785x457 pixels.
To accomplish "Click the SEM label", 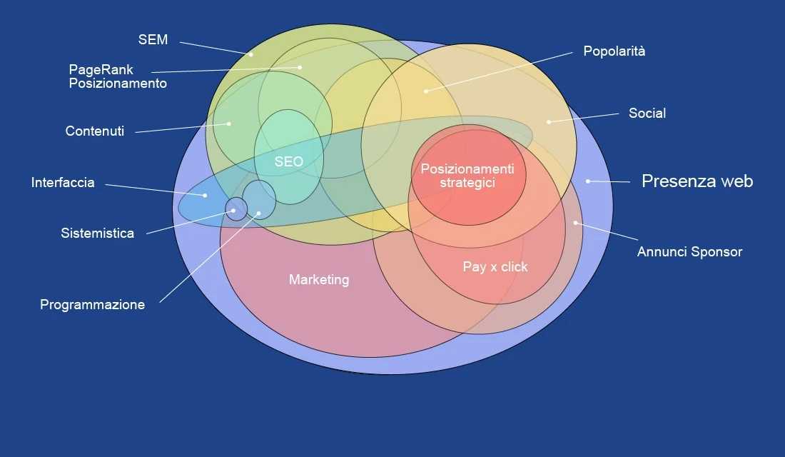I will click(x=153, y=40).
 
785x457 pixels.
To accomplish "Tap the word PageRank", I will click(x=101, y=70).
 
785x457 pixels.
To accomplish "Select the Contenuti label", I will click(x=94, y=131).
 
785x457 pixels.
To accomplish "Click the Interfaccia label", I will click(x=63, y=183).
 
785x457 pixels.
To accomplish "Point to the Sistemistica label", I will click(x=97, y=233).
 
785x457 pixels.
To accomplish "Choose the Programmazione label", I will click(x=92, y=305).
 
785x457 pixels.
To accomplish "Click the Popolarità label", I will click(x=614, y=51).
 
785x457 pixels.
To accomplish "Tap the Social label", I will click(x=647, y=114).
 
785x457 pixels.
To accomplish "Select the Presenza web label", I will click(x=697, y=181).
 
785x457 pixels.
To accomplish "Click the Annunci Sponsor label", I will click(x=689, y=252).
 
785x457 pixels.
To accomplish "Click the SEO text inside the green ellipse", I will click(x=288, y=162).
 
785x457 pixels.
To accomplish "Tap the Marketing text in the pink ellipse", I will click(x=319, y=280).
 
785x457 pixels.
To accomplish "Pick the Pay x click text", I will click(x=495, y=267).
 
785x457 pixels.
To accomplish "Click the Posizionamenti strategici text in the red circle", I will click(x=467, y=176).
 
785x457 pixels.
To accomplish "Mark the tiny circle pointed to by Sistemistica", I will click(x=236, y=209).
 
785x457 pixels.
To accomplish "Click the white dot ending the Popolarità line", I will click(x=426, y=91).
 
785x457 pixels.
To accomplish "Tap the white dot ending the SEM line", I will click(x=251, y=54).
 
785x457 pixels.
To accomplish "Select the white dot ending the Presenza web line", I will click(x=588, y=181).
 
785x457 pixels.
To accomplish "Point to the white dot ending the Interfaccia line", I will click(x=205, y=195).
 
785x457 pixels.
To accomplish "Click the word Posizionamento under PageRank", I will click(x=118, y=84).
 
